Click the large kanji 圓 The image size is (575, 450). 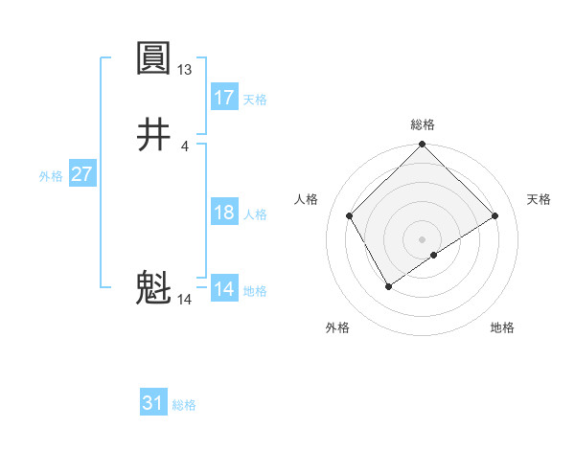pyautogui.click(x=153, y=59)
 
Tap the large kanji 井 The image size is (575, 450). pyautogui.click(x=153, y=135)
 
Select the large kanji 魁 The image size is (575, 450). pyautogui.click(x=153, y=288)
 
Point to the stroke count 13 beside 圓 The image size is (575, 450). pyautogui.click(x=185, y=70)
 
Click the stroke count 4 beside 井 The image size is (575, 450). pyautogui.click(x=185, y=146)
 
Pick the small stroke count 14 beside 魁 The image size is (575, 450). pyautogui.click(x=185, y=300)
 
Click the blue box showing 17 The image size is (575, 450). pyautogui.click(x=224, y=98)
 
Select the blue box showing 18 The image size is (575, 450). pyautogui.click(x=224, y=213)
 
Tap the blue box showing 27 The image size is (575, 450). pyautogui.click(x=81, y=174)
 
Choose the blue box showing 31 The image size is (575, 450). pyautogui.click(x=153, y=403)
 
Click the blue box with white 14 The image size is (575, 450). pyautogui.click(x=224, y=289)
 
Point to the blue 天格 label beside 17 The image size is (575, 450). pyautogui.click(x=255, y=100)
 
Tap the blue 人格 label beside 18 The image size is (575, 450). pyautogui.click(x=255, y=214)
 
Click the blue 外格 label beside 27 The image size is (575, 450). pyautogui.click(x=51, y=176)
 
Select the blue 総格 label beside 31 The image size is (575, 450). pyautogui.click(x=184, y=405)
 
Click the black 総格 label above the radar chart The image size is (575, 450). pyautogui.click(x=423, y=124)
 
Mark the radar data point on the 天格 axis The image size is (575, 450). pyautogui.click(x=495, y=216)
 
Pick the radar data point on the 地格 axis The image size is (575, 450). pyautogui.click(x=434, y=255)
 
